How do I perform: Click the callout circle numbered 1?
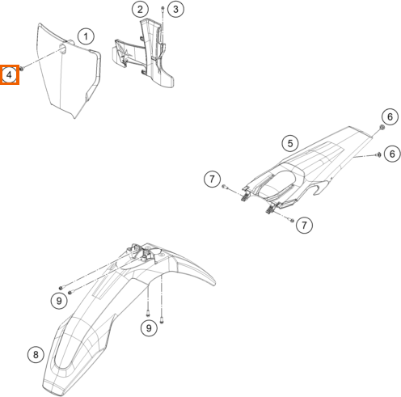pos(86,36)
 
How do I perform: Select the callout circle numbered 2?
pos(140,10)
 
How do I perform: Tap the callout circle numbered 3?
pos(175,9)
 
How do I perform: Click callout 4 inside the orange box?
pos(9,74)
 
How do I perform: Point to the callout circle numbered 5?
pos(290,143)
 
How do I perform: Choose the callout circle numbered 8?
pos(36,354)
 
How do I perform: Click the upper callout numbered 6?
pos(390,116)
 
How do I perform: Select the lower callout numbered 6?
pos(392,154)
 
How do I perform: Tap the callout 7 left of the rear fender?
pos(212,179)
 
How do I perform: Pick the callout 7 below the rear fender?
pos(305,225)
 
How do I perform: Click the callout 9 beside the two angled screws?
pos(59,301)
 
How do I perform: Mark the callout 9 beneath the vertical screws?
pos(149,328)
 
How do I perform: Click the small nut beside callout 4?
pos(22,69)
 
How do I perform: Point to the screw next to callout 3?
pos(163,10)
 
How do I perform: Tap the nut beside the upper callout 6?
pos(382,127)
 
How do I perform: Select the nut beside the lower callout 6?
pos(378,154)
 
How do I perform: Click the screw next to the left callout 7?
pos(225,186)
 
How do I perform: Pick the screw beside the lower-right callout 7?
pos(292,220)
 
